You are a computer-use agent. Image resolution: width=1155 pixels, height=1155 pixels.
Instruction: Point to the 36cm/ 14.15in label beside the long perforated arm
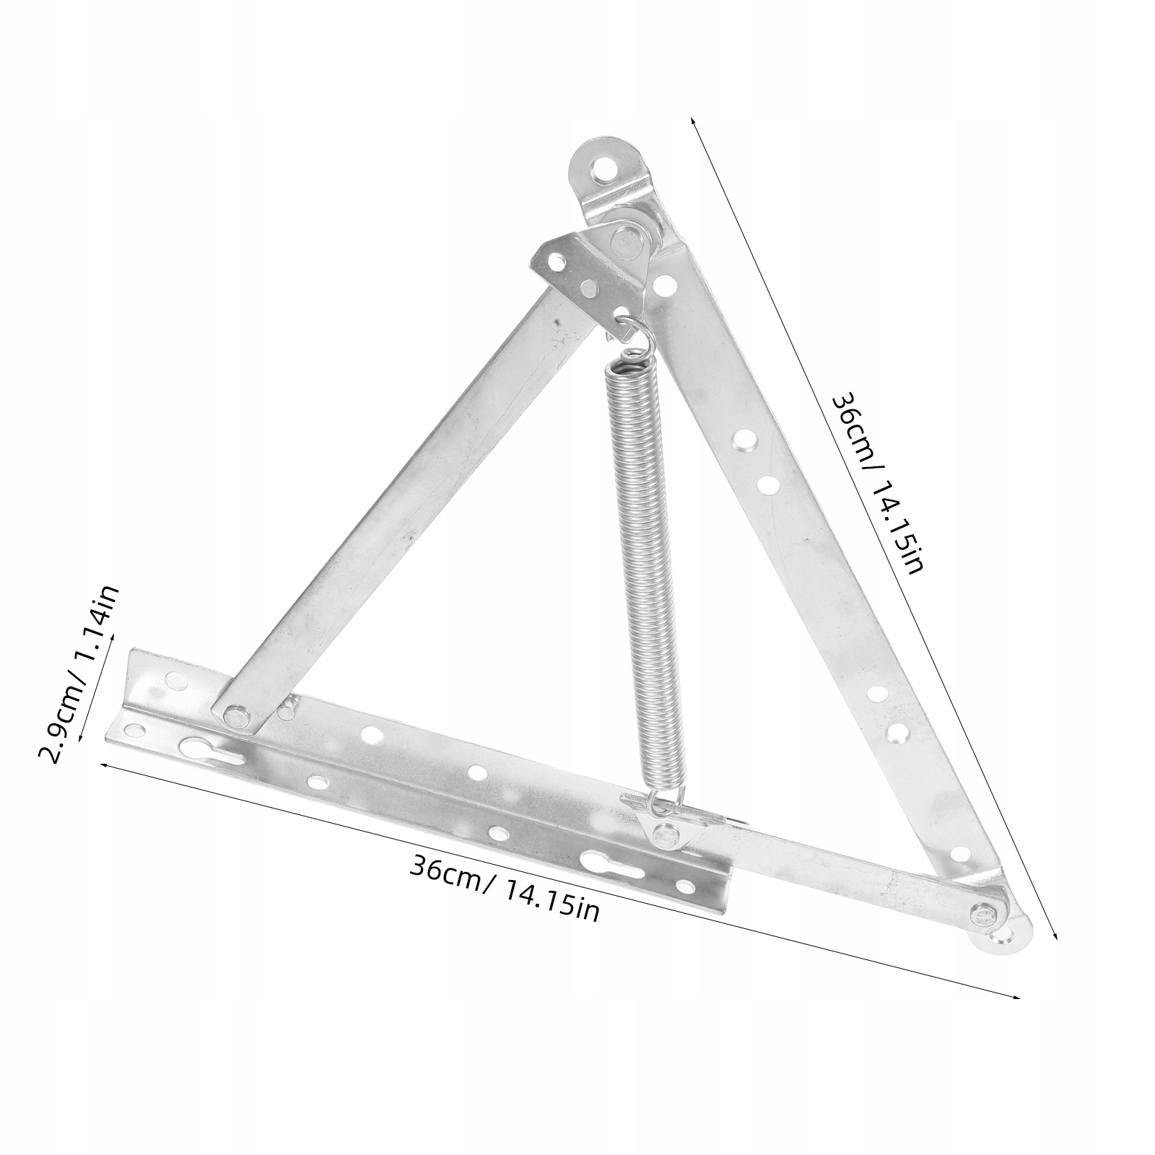pyautogui.click(x=877, y=483)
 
